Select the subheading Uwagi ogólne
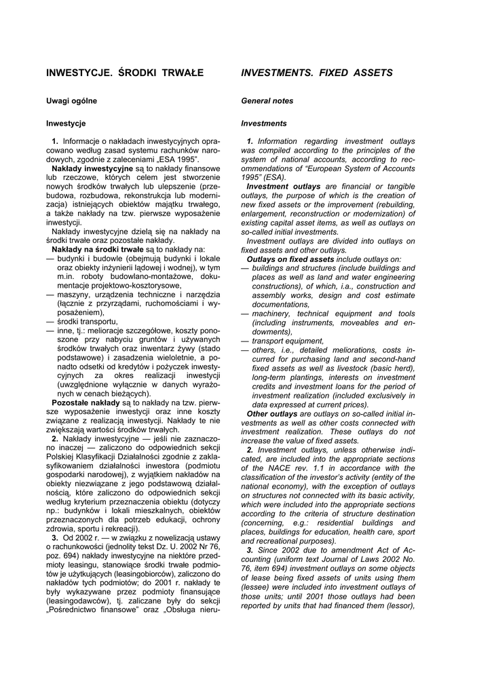click(71, 101)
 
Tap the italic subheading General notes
click(267, 101)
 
